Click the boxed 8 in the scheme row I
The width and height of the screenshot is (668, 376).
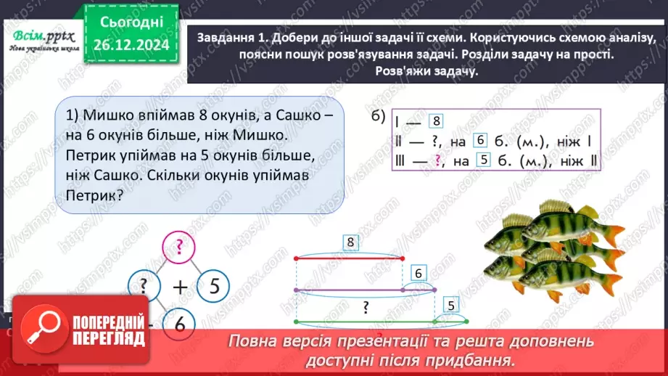pyautogui.click(x=435, y=121)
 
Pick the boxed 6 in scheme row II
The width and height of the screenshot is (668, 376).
pyautogui.click(x=479, y=141)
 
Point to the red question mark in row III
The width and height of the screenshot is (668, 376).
pyautogui.click(x=437, y=160)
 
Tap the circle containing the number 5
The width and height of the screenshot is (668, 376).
pyautogui.click(x=212, y=285)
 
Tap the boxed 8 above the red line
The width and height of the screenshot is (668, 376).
pyautogui.click(x=350, y=242)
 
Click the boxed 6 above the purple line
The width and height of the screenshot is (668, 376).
pyautogui.click(x=418, y=273)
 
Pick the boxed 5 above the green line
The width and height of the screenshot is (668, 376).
pyautogui.click(x=451, y=305)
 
